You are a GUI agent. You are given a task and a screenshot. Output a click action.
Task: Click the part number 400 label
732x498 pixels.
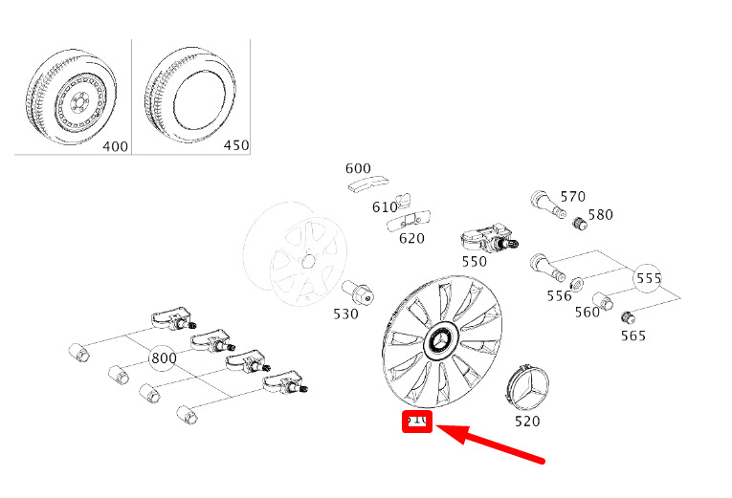click(115, 145)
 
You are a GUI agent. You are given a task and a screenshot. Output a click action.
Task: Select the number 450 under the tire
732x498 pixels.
click(234, 145)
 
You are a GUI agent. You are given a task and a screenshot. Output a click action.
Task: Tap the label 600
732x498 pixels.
click(358, 167)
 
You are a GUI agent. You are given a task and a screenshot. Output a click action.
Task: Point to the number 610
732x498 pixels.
click(385, 206)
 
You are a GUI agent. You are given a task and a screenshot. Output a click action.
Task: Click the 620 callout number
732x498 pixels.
click(411, 238)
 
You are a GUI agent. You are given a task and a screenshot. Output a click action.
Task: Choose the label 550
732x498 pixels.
click(474, 260)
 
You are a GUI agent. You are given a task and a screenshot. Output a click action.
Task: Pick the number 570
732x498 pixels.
click(572, 197)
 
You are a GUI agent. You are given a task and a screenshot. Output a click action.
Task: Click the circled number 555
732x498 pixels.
click(649, 278)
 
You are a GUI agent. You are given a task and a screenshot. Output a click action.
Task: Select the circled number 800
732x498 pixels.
click(164, 357)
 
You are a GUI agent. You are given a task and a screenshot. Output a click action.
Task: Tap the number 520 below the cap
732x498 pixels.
click(527, 421)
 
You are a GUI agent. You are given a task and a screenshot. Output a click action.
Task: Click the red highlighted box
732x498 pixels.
click(418, 422)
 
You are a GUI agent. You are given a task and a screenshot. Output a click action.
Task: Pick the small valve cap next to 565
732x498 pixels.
click(627, 317)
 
